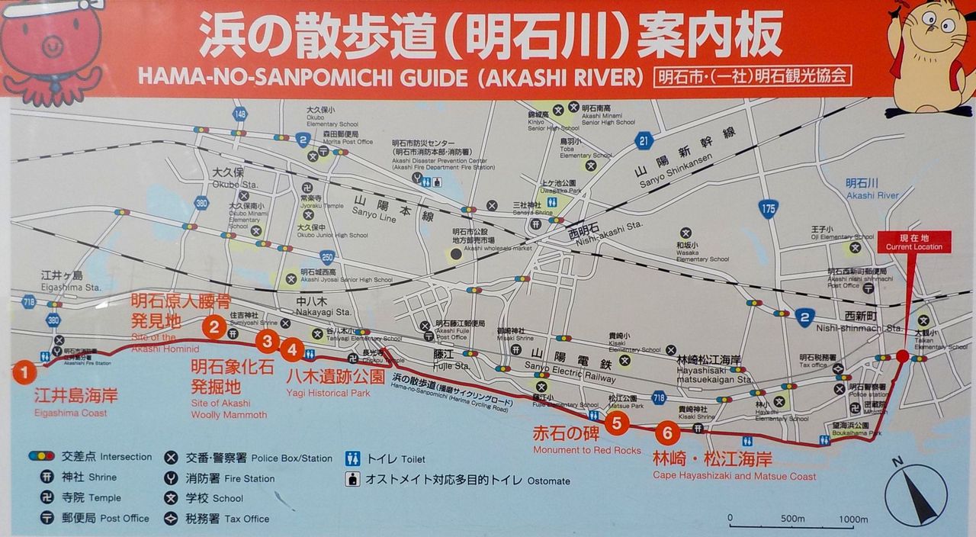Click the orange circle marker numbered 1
coord(24,372)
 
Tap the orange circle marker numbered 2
coord(214,327)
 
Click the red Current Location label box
coord(914,242)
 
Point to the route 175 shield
coord(769,208)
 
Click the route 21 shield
coord(644,140)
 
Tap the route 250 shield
coord(327,257)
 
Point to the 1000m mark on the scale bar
coord(852,520)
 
